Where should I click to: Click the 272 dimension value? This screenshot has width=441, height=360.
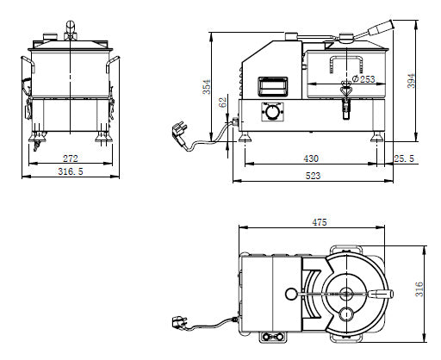[x=71, y=158]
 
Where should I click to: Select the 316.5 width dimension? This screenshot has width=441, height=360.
[x=71, y=171]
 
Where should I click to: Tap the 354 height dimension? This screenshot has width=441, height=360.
[x=207, y=87]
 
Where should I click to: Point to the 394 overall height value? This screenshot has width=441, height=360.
[x=412, y=81]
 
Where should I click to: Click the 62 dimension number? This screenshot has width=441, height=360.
[x=223, y=102]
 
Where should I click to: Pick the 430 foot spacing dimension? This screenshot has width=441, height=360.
[x=311, y=158]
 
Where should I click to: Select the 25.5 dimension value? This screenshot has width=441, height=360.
[x=404, y=158]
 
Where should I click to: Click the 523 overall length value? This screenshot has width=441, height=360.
[x=313, y=176]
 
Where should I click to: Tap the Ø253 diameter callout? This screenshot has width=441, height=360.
[x=363, y=79]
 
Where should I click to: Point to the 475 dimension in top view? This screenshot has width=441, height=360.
[x=320, y=222]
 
